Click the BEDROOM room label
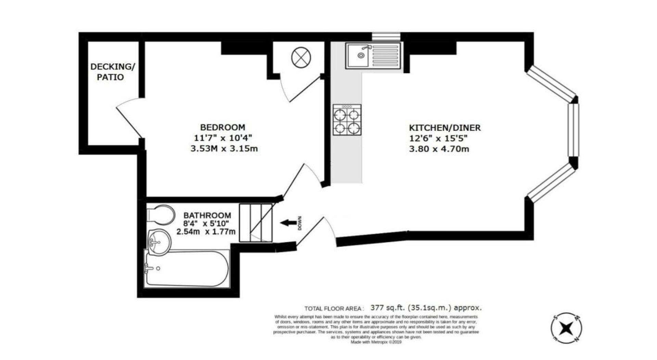tap(223, 127)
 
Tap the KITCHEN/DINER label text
tap(445, 128)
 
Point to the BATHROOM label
tap(207, 215)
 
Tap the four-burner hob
tap(347, 120)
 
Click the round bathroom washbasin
tap(159, 242)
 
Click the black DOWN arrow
tap(288, 223)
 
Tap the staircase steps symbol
tap(255, 223)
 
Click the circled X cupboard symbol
tap(301, 57)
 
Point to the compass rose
tap(566, 328)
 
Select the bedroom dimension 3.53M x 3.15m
tap(224, 149)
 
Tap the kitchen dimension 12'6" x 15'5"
tap(438, 138)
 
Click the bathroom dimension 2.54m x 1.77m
tap(206, 232)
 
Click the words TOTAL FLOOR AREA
tap(333, 309)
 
